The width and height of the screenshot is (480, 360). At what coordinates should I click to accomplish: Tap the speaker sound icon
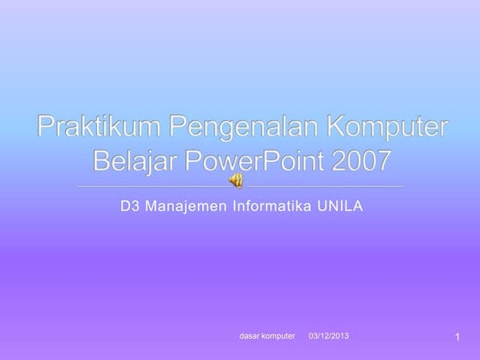tap(237, 180)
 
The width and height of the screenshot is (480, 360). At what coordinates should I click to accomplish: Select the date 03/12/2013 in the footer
tap(328, 334)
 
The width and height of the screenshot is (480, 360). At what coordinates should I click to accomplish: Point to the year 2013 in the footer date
tap(340, 334)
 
